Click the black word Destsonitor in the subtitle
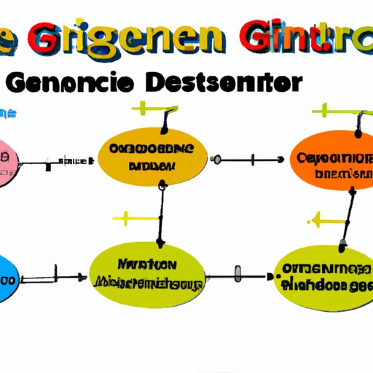click(x=219, y=83)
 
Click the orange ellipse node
click(x=331, y=161)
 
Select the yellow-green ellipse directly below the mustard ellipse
click(x=147, y=275)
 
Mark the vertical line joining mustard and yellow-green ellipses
click(x=161, y=214)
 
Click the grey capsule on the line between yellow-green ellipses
click(x=237, y=275)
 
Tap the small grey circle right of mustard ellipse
click(x=216, y=157)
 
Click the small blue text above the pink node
click(x=8, y=114)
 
